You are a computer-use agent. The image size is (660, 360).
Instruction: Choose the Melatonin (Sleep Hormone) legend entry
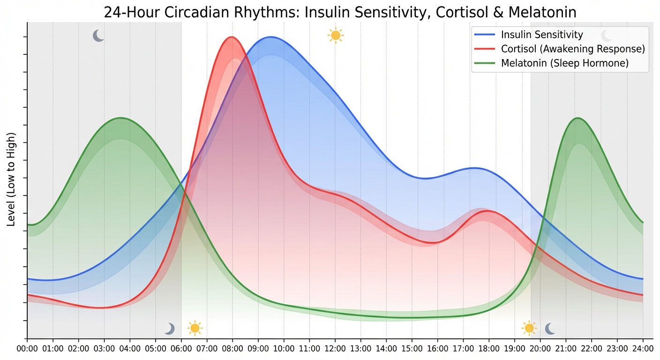coord(564,63)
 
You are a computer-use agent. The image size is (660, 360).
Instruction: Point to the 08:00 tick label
coord(232,349)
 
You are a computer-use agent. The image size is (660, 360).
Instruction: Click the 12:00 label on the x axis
coord(335,349)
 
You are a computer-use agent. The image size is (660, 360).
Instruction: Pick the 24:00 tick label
coord(642,349)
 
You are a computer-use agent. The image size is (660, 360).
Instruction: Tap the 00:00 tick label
coord(27,349)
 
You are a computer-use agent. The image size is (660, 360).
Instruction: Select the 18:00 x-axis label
coord(488,349)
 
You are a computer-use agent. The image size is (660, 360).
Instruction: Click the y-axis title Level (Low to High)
coord(12,179)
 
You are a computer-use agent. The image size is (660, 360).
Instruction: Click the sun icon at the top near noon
coord(336,36)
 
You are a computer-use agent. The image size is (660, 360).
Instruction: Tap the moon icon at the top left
coord(98,36)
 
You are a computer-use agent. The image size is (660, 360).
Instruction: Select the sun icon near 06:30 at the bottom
coord(195,328)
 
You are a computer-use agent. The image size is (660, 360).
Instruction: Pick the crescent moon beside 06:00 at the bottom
coord(170,329)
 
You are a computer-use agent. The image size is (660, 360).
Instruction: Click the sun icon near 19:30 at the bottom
coord(529,328)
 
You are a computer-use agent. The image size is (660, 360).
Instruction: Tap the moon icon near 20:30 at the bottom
coord(550,329)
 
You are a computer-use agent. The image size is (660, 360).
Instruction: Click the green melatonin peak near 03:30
coord(121,118)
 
